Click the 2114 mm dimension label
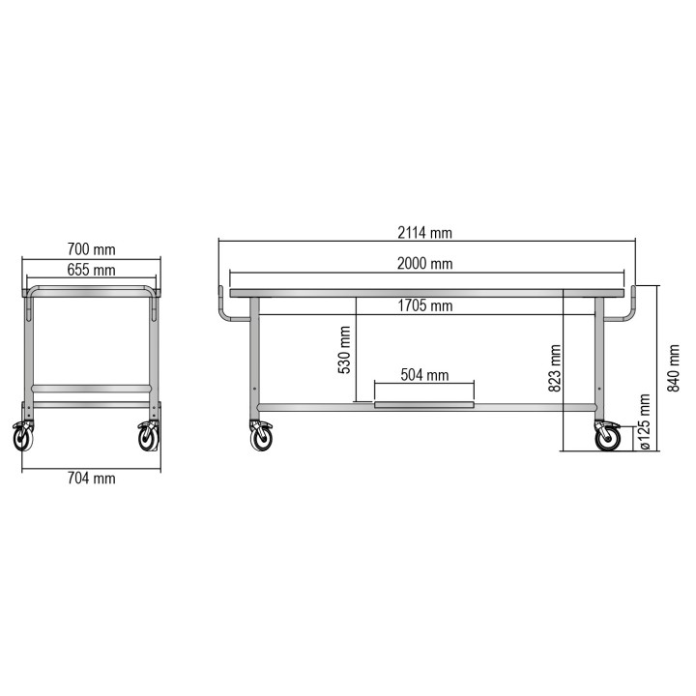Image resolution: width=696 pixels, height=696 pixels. pyautogui.click(x=425, y=233)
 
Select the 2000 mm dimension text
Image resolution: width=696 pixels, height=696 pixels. pyautogui.click(x=425, y=264)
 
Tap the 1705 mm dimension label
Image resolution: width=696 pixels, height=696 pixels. pyautogui.click(x=425, y=306)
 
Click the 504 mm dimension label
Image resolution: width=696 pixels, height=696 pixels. pyautogui.click(x=425, y=375)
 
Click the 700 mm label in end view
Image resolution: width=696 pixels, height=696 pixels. pyautogui.click(x=92, y=251)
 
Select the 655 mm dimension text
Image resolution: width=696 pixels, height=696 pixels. pyautogui.click(x=92, y=271)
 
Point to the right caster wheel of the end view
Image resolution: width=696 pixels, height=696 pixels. pyautogui.click(x=149, y=439)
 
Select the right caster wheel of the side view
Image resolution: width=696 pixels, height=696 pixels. pyautogui.click(x=608, y=440)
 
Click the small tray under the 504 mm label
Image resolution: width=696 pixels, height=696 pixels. pyautogui.click(x=425, y=405)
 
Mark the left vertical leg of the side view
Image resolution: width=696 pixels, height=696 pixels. pyautogui.click(x=255, y=358)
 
